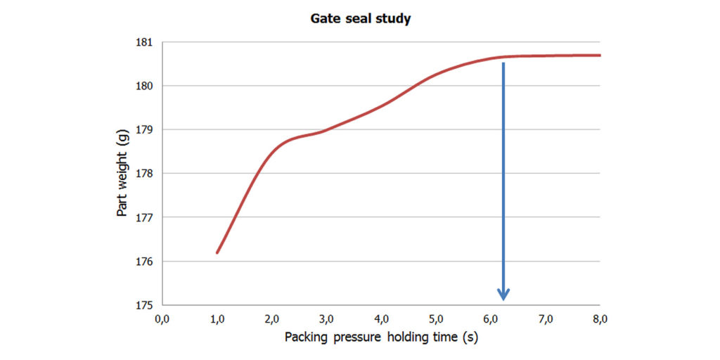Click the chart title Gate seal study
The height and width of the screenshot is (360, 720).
pos(360,19)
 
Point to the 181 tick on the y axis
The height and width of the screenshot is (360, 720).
pos(146,42)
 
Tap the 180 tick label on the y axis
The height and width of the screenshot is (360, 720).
pos(146,86)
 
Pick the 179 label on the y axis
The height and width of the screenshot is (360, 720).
pos(146,129)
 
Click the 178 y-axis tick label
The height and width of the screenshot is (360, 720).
pos(146,174)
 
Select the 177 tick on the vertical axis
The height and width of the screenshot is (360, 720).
pos(146,217)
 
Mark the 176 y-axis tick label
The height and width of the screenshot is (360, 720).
pos(146,262)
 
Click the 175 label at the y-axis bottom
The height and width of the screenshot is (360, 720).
pos(146,305)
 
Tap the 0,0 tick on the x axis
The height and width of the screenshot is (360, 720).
pos(162,319)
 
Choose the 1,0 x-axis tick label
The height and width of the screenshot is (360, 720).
pos(217,319)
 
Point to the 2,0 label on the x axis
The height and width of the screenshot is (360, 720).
pos(271,319)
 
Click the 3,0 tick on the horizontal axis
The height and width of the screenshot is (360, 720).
pos(326,319)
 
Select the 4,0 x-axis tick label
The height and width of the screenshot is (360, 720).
pos(381,319)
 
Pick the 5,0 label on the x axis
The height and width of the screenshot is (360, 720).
pos(436,319)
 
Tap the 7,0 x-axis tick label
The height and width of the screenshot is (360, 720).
pos(546,319)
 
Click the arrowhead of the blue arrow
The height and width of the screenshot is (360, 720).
pos(503,294)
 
